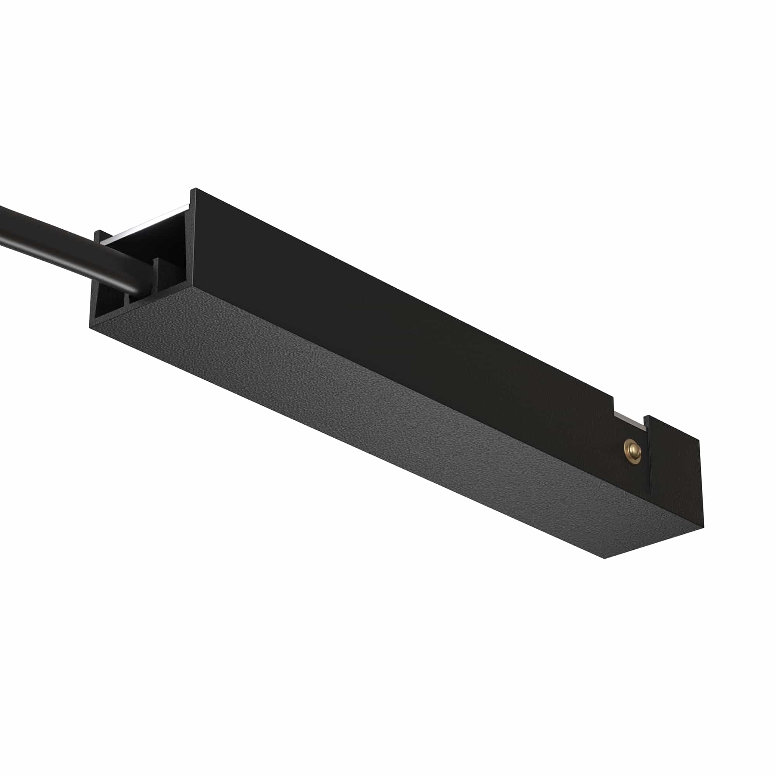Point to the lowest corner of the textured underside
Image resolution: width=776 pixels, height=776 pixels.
click(606, 558)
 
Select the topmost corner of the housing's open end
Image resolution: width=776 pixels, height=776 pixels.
click(195, 189)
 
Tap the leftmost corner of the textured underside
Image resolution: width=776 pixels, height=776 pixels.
click(90, 327)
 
